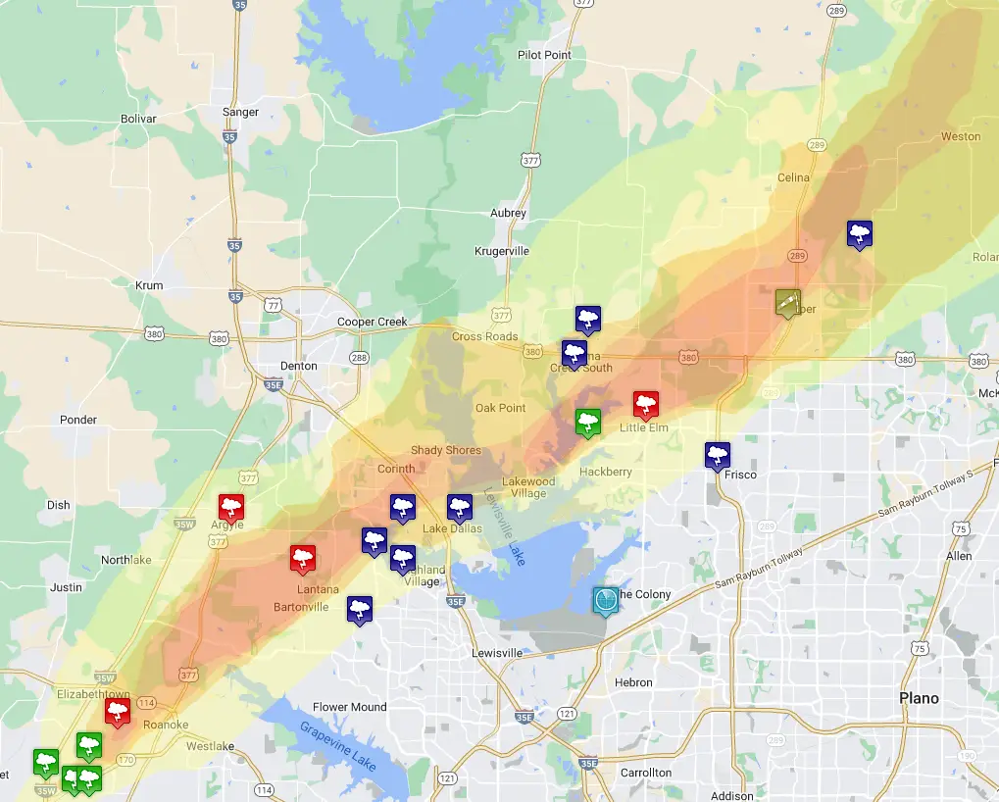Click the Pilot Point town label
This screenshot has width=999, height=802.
tap(544, 55)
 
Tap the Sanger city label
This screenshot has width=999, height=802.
tap(240, 112)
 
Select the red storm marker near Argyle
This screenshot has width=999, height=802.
tap(231, 507)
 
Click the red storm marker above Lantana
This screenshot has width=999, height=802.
tap(303, 559)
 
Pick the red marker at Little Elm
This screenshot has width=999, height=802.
tap(645, 404)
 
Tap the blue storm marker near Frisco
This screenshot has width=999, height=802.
tap(718, 455)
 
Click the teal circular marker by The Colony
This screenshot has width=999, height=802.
tap(606, 600)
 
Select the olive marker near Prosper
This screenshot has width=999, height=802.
tap(787, 302)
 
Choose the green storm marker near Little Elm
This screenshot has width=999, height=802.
tap(587, 423)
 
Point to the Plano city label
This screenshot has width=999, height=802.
tap(919, 698)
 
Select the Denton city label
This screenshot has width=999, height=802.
tap(299, 366)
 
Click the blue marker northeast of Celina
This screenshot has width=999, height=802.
tap(860, 233)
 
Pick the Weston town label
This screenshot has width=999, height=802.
tap(960, 136)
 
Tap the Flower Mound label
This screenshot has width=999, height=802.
tap(349, 707)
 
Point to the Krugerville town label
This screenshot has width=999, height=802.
tap(501, 251)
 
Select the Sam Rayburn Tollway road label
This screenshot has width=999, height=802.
tap(760, 568)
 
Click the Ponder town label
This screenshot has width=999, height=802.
tap(78, 420)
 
